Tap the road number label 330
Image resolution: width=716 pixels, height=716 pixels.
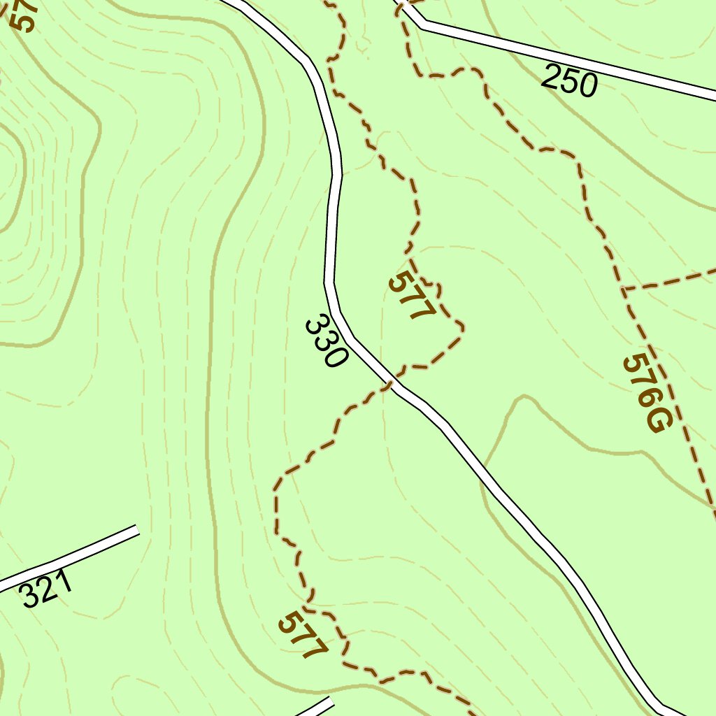pyautogui.click(x=326, y=342)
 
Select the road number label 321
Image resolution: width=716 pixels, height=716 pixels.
pyautogui.click(x=47, y=589)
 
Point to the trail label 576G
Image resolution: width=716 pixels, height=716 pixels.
pyautogui.click(x=647, y=394)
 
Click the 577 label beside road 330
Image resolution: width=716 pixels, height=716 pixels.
pyautogui.click(x=412, y=296)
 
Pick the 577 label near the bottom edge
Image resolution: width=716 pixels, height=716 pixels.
pyautogui.click(x=303, y=635)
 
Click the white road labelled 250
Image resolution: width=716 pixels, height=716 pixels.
pyautogui.click(x=629, y=73)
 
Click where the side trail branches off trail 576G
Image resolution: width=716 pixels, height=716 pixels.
pyautogui.click(x=624, y=288)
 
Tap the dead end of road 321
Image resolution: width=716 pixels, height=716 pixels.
pyautogui.click(x=136, y=530)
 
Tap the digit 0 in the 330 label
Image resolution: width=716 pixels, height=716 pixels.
pyautogui.click(x=335, y=357)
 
